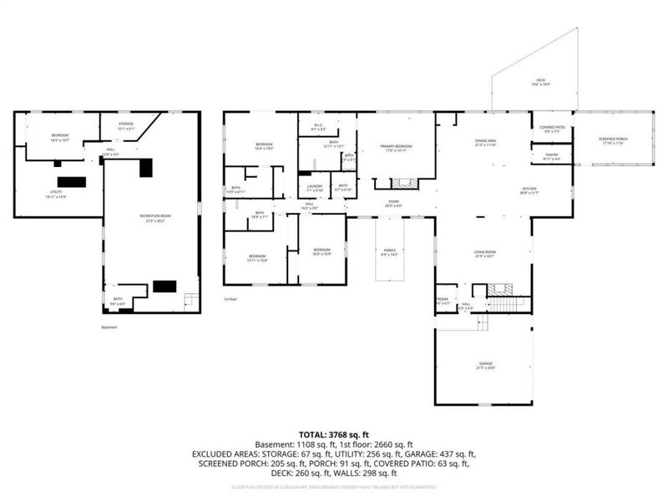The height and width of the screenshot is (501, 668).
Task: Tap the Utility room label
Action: click(56, 195)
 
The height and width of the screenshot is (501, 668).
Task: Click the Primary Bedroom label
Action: click(397, 148)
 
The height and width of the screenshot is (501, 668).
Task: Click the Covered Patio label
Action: click(554, 129)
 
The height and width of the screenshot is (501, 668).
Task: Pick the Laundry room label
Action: click(315, 188)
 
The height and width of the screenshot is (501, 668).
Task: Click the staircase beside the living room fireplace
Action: click(504, 302)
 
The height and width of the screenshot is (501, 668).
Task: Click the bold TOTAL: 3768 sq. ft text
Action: click(334, 435)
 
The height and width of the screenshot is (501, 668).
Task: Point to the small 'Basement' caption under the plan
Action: click(109, 327)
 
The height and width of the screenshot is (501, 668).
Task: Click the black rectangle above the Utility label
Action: click(72, 181)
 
